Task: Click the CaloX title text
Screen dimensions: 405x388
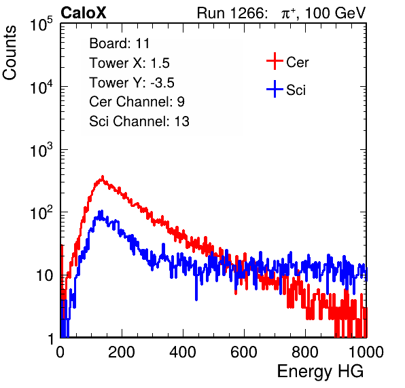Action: click(83, 13)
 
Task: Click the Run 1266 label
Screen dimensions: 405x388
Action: click(232, 13)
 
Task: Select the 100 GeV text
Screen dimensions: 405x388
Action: click(336, 13)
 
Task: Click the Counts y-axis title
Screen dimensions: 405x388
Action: click(10, 52)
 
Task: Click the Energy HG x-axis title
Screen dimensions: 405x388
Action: click(320, 372)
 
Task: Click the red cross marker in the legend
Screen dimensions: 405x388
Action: click(275, 61)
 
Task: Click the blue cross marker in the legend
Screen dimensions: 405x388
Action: click(275, 89)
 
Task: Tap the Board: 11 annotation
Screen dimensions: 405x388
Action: click(120, 43)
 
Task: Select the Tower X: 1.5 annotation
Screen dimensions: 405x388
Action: click(129, 63)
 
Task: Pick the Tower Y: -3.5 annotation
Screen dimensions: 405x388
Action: click(132, 83)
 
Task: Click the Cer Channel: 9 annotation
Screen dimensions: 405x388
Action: click(137, 102)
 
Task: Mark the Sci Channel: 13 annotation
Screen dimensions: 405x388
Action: click(139, 121)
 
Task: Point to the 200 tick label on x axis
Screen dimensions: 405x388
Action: click(122, 352)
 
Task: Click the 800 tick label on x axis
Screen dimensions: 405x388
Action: click(305, 352)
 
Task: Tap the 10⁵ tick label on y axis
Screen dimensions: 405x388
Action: click(41, 24)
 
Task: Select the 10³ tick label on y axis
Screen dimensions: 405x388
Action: click(41, 150)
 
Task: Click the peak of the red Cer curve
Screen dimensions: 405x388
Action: click(103, 177)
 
